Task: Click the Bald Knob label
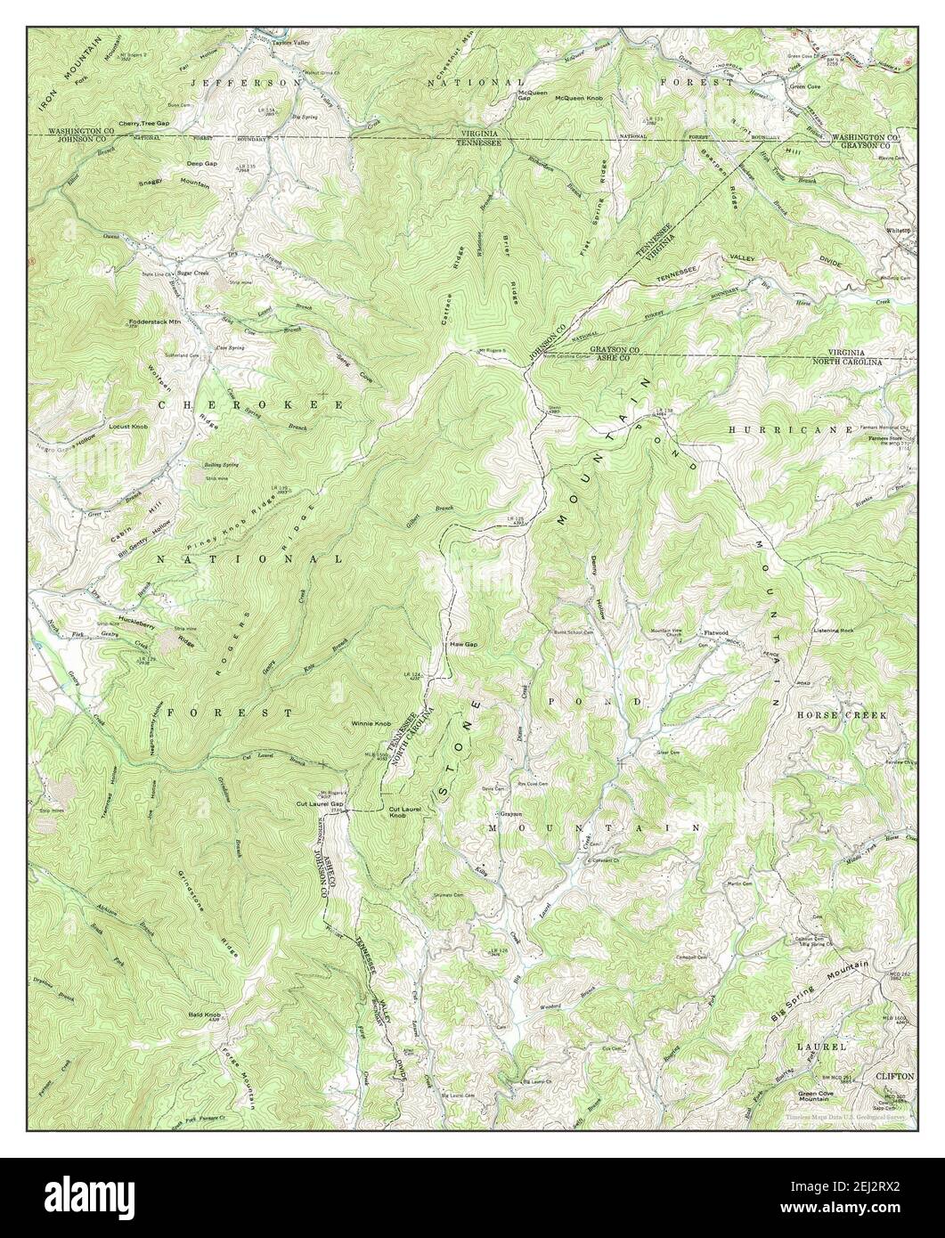205,1014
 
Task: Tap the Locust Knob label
126,427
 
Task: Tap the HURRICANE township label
778,428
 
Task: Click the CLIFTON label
893,1076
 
